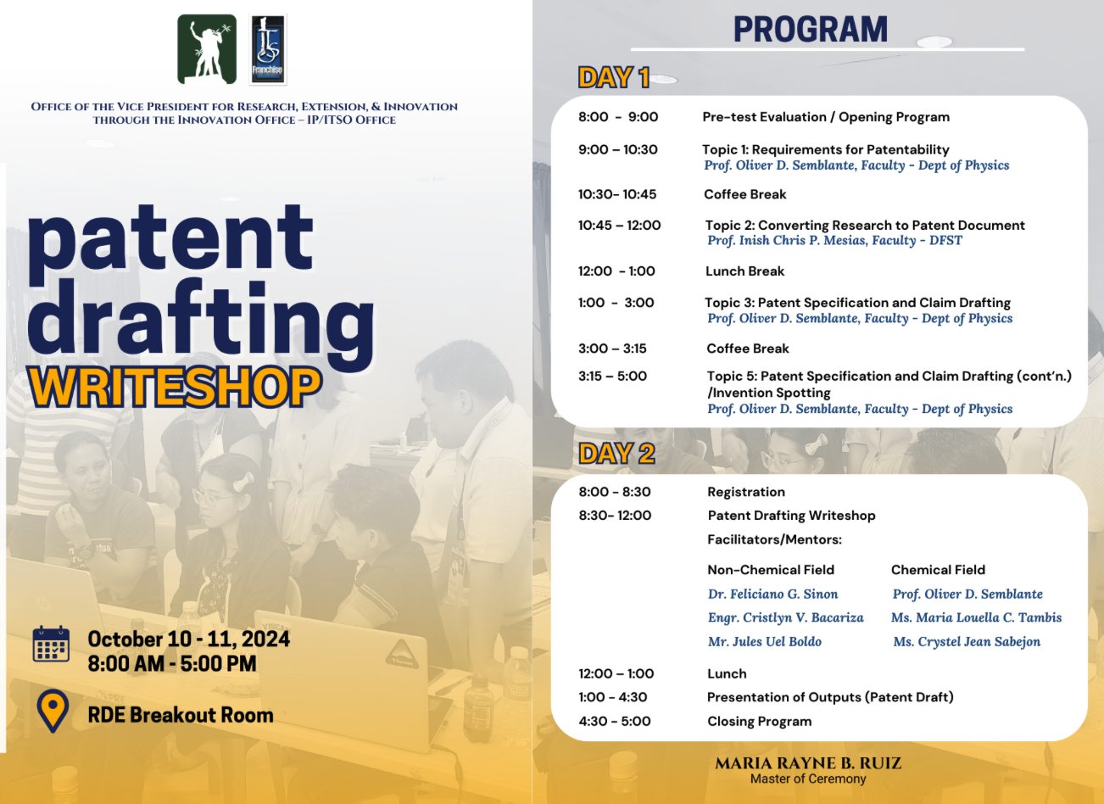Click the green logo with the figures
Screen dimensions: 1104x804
point(207,49)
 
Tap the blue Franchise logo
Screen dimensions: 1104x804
point(268,50)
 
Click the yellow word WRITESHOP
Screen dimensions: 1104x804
point(175,388)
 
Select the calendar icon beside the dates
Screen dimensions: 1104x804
point(51,644)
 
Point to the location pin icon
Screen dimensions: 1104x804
point(53,711)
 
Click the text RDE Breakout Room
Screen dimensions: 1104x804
point(181,715)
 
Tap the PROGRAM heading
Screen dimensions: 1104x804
point(811,29)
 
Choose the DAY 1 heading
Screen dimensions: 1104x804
point(614,77)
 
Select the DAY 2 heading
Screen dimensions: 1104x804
point(616,453)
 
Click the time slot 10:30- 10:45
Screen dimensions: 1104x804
point(617,194)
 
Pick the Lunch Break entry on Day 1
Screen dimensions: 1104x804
point(744,271)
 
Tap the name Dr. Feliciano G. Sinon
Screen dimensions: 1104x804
point(772,594)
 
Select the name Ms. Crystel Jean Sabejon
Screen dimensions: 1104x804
point(967,642)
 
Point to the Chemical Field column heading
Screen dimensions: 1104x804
point(938,570)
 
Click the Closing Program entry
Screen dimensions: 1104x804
point(760,721)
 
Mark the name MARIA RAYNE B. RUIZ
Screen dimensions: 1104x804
point(808,763)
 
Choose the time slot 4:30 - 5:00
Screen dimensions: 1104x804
point(615,721)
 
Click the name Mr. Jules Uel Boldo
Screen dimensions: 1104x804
point(765,642)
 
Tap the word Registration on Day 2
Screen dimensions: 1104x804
point(746,492)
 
